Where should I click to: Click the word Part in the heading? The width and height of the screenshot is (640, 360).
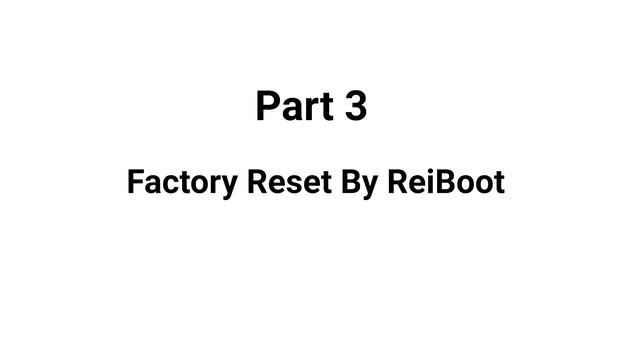295,106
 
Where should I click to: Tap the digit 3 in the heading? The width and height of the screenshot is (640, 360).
356,106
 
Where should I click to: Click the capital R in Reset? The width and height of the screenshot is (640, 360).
253,183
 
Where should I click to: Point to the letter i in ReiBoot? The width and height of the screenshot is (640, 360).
417,182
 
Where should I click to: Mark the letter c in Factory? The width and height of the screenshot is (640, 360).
167,185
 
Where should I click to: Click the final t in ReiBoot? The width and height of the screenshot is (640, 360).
498,184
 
